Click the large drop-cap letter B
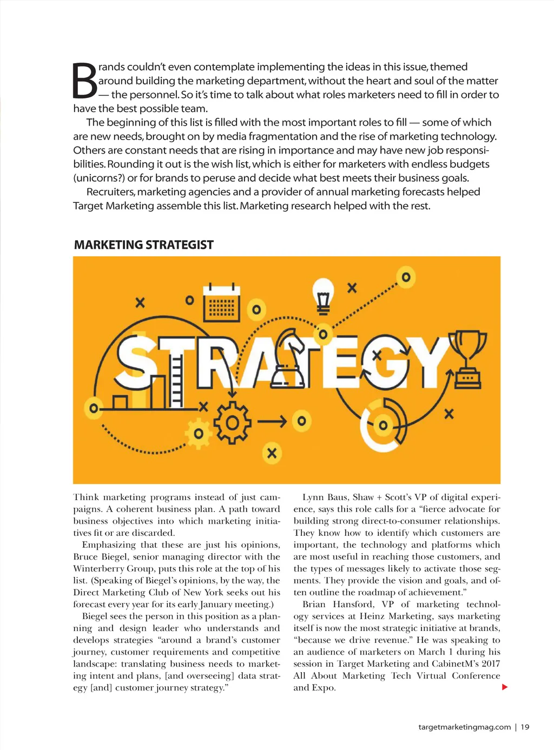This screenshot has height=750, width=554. point(85,82)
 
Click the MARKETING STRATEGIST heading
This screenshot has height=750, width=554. point(143,245)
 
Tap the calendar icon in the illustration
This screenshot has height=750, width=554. point(222,304)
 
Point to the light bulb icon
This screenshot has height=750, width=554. point(323,295)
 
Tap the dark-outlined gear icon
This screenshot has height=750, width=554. point(232,422)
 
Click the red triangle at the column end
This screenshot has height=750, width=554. point(505,687)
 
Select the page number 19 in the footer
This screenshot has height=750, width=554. point(525,727)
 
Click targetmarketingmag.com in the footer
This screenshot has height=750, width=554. point(464,727)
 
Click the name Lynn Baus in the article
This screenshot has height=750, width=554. point(323,497)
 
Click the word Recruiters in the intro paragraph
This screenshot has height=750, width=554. point(110,192)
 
